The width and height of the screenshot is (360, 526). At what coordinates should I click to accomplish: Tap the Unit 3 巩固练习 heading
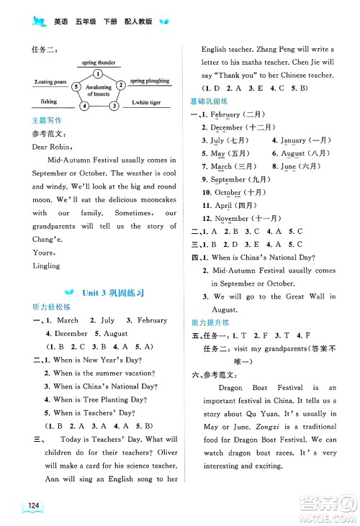tap(105, 293)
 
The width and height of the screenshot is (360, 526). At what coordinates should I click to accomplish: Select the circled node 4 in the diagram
tap(85, 106)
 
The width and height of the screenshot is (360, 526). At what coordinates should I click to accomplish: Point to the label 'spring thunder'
tap(99, 63)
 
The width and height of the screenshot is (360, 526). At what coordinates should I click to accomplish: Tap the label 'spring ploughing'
tap(150, 81)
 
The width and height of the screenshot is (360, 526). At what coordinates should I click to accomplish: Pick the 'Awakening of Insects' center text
tap(99, 91)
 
